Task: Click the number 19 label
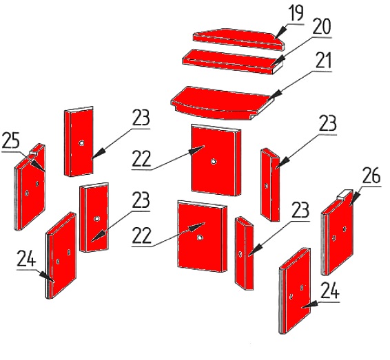pos(296,13)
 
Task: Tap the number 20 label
pos(322,26)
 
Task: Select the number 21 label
pos(323,61)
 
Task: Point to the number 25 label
pos(10,141)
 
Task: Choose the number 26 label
pos(371,175)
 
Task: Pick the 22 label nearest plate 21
pos(141,158)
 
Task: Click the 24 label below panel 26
pos(330,290)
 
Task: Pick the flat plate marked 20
pos(233,62)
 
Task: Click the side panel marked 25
pos(30,187)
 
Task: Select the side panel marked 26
pos(338,232)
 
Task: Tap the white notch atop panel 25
pos(33,152)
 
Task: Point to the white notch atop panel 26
pos(345,193)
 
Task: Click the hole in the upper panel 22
pos(213,162)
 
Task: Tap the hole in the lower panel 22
pos(199,238)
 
